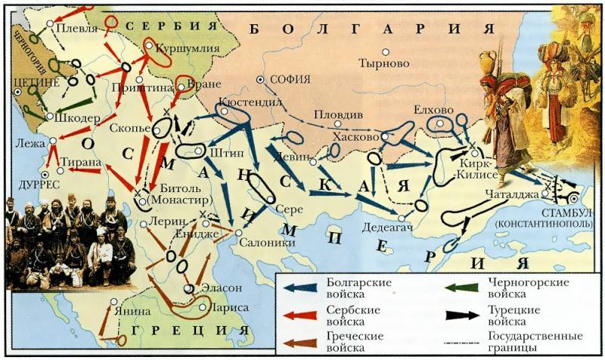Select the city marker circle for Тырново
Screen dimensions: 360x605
pyautogui.click(x=386, y=51)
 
